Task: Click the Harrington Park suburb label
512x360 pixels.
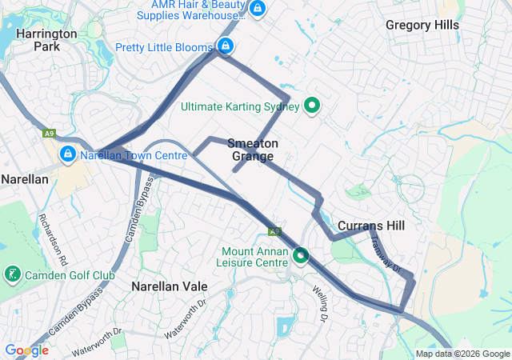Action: (46, 40)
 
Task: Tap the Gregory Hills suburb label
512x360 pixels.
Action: (422, 25)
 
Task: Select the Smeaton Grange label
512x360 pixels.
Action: (253, 150)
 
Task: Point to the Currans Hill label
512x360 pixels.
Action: (370, 226)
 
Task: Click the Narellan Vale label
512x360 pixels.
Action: (169, 286)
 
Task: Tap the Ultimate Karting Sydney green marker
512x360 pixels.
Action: (313, 106)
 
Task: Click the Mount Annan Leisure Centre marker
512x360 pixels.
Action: (301, 256)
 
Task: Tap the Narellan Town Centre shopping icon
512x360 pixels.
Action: (68, 153)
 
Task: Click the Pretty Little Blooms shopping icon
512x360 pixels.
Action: (226, 46)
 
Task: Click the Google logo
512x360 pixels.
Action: (26, 350)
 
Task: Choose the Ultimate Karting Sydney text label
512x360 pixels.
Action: (240, 106)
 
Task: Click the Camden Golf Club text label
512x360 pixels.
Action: (70, 276)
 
